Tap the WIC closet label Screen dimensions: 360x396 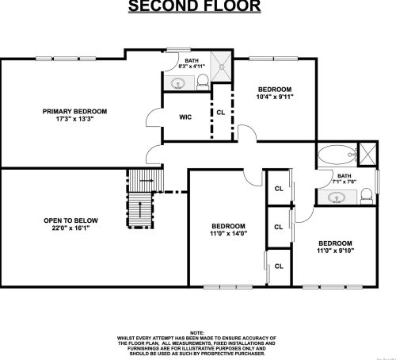185,117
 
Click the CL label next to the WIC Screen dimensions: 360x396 220,113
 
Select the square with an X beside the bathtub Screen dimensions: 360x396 367,152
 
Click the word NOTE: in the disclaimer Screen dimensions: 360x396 197,334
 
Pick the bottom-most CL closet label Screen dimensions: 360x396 279,266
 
